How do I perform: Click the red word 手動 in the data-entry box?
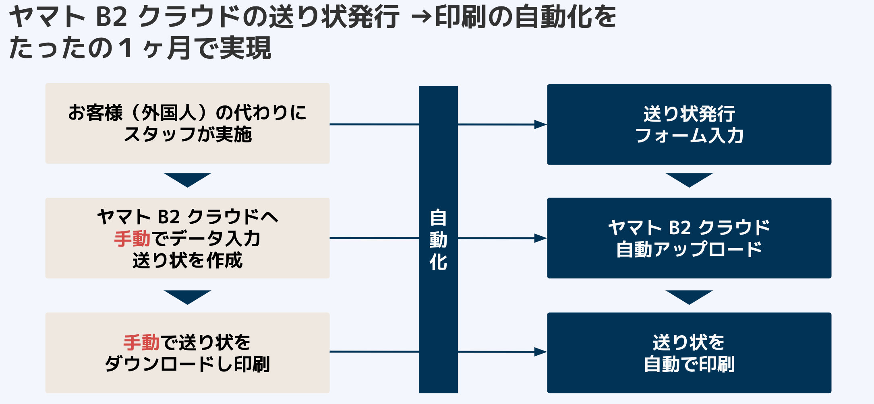tap(132, 239)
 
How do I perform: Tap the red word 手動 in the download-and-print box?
tap(141, 342)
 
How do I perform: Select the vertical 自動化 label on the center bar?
tap(438, 239)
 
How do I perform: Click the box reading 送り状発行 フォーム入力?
tap(689, 124)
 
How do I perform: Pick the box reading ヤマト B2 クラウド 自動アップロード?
tap(689, 238)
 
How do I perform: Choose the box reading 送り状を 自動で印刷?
tap(689, 352)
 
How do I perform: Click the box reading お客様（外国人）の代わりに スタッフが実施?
tap(187, 123)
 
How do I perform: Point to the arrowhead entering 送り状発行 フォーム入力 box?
tap(541, 124)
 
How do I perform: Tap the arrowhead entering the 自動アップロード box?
tap(541, 238)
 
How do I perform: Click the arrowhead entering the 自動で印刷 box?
tap(541, 352)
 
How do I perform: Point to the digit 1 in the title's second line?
tap(126, 48)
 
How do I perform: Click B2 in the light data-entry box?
tap(168, 217)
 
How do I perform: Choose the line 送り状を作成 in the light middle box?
tap(187, 260)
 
